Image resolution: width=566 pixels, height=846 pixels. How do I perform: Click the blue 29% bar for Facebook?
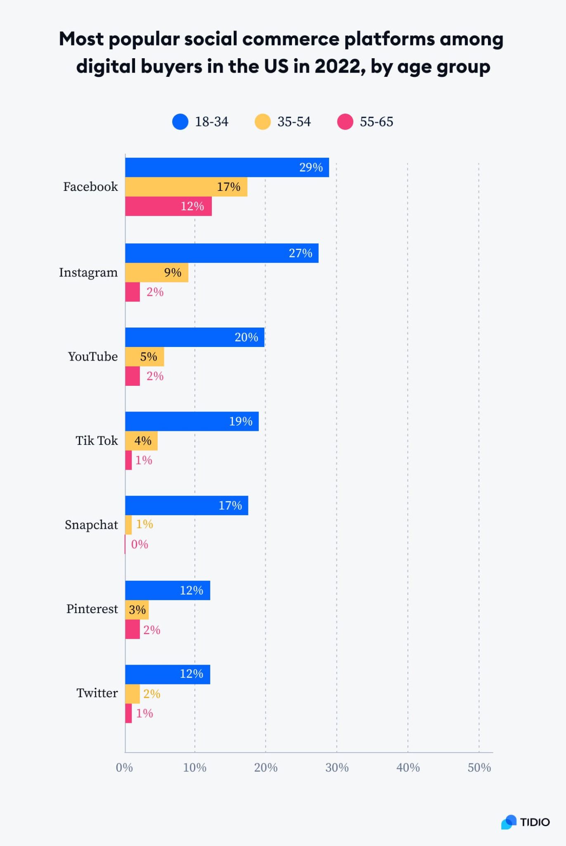227,167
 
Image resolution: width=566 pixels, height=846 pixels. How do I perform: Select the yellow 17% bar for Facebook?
186,187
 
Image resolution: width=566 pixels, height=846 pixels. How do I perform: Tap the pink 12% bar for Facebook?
168,206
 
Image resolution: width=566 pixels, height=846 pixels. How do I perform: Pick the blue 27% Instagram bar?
222,253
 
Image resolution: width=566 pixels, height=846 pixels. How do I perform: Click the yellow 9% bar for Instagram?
156,273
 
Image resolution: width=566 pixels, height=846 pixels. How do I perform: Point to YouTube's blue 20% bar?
194,337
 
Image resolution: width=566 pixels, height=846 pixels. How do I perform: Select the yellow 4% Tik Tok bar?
141,441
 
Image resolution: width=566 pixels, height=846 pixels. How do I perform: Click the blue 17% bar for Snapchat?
187,505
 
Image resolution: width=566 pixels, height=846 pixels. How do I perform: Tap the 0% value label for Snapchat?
140,544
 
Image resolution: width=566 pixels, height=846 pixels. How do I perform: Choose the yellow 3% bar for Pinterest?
137,610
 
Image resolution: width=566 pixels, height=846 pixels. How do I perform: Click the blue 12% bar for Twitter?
168,674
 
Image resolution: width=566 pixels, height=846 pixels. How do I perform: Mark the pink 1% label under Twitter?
144,713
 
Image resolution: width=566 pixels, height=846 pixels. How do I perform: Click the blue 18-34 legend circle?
180,122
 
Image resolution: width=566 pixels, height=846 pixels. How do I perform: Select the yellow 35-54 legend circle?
263,122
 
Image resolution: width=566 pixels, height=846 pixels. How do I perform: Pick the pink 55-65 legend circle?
345,122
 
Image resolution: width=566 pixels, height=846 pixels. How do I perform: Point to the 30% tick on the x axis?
337,768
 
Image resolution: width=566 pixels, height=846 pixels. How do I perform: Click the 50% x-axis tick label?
479,768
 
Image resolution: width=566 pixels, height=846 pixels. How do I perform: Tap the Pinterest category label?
92,609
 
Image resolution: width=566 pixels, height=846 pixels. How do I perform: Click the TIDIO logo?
526,822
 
